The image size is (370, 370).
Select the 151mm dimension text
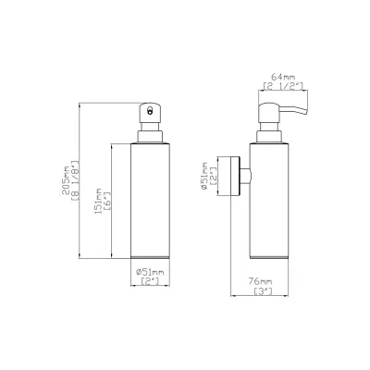99,200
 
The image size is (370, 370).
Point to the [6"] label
109,200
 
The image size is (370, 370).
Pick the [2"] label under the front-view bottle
149,282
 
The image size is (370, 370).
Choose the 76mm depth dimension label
265,280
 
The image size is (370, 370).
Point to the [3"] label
265,290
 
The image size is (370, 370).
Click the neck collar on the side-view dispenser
265,136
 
